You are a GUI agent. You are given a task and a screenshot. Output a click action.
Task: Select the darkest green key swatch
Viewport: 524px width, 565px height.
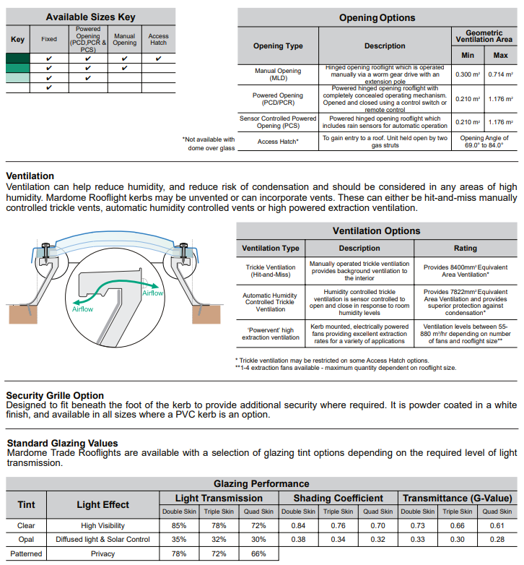pos(17,59)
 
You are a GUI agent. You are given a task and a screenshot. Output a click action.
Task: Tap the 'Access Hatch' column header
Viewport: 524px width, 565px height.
pos(158,39)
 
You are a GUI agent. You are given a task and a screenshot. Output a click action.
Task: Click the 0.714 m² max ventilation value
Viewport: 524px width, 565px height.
pos(500,74)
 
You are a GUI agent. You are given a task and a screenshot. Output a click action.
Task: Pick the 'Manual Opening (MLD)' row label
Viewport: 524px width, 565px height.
pos(278,74)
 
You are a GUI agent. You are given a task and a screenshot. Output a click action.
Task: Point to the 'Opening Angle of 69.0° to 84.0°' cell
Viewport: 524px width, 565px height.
pos(484,142)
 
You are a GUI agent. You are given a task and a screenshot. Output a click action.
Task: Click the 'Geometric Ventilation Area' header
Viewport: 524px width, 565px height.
pos(484,36)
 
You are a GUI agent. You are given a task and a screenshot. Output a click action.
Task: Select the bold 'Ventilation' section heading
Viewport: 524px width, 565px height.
pos(30,176)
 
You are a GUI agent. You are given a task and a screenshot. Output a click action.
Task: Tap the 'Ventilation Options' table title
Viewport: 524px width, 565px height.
pos(376,231)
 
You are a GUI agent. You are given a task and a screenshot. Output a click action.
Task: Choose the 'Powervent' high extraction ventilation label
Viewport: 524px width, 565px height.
pos(271,333)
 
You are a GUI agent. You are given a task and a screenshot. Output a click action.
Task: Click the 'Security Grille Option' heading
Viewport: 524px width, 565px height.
pos(55,395)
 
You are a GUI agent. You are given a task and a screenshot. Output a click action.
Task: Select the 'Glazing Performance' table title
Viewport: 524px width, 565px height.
pos(261,483)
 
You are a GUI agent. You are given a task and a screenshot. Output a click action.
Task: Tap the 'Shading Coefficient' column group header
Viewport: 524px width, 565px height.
pos(338,498)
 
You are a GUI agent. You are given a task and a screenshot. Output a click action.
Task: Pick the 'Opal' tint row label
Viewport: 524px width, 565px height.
pos(26,540)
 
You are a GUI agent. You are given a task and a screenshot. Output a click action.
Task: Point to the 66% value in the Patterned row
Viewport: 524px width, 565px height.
pos(258,554)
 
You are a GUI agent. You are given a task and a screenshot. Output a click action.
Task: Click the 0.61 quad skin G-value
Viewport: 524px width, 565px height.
pos(496,525)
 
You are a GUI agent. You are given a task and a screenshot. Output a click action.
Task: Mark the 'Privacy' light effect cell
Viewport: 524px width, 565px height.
pos(103,554)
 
